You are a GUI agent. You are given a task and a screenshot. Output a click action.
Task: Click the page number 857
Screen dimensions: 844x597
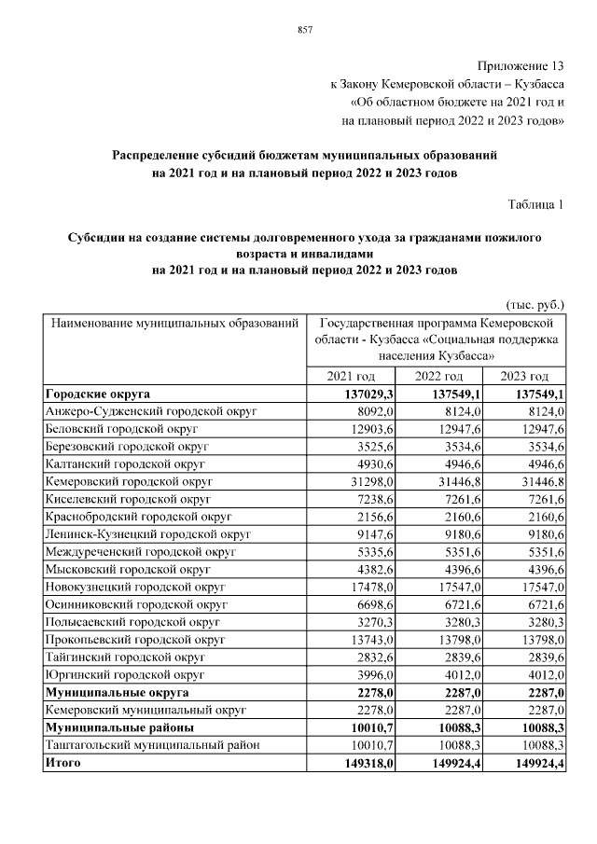pyautogui.click(x=304, y=31)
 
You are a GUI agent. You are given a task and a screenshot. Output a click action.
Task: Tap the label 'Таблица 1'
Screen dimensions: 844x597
pyautogui.click(x=535, y=203)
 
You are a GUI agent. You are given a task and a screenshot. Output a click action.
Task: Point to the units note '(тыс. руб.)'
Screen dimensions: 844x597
pyautogui.click(x=535, y=305)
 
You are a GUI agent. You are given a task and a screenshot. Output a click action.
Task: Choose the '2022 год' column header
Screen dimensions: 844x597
pyautogui.click(x=438, y=376)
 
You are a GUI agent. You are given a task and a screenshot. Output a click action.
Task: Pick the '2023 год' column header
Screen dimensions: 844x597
pyautogui.click(x=525, y=376)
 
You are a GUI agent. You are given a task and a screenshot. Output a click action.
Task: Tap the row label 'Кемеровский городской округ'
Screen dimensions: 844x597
pyautogui.click(x=130, y=480)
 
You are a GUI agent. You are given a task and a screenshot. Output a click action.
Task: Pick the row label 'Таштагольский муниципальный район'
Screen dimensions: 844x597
pyautogui.click(x=149, y=745)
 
